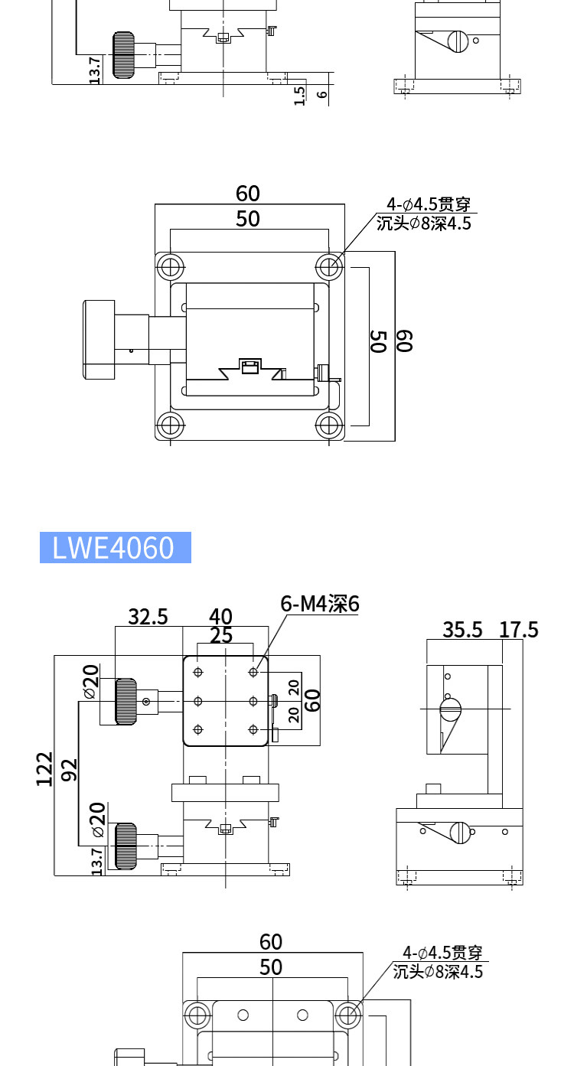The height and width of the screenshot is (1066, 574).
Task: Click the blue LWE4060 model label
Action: pyautogui.click(x=115, y=547)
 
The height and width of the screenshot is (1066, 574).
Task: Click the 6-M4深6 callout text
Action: pyautogui.click(x=319, y=604)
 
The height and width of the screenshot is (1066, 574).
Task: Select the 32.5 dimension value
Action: pyautogui.click(x=148, y=617)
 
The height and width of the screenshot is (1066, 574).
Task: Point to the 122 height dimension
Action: pyautogui.click(x=44, y=769)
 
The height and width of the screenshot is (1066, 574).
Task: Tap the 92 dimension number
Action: pyautogui.click(x=70, y=770)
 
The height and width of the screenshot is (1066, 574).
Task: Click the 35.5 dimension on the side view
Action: pyautogui.click(x=462, y=630)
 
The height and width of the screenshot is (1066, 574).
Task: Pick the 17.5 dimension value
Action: pyautogui.click(x=518, y=630)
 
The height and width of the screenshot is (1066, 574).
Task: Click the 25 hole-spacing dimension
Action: pyautogui.click(x=221, y=635)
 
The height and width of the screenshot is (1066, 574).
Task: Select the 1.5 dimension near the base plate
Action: pyautogui.click(x=299, y=96)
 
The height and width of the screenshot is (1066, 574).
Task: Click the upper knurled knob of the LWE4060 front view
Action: pyautogui.click(x=126, y=702)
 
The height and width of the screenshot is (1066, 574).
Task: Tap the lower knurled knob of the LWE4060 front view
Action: pyautogui.click(x=126, y=846)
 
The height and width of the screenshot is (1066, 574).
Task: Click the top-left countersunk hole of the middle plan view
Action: pyautogui.click(x=170, y=267)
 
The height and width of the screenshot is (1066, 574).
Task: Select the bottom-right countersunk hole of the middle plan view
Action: pyautogui.click(x=328, y=425)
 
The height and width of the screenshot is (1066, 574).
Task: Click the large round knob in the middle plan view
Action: pyautogui.click(x=99, y=340)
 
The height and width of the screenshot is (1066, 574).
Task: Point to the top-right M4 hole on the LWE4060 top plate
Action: pyautogui.click(x=253, y=672)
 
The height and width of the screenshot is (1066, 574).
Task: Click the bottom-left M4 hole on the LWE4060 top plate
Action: pyautogui.click(x=198, y=729)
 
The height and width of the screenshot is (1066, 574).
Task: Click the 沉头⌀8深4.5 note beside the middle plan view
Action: pyautogui.click(x=423, y=223)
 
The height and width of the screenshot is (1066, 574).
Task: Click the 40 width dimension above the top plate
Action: pyautogui.click(x=220, y=617)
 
